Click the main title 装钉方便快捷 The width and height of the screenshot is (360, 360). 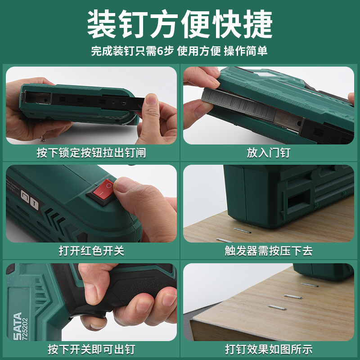pyautogui.click(x=180, y=23)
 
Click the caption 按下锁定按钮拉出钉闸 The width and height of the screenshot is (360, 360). pyautogui.click(x=91, y=153)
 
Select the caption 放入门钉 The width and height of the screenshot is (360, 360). pyautogui.click(x=269, y=153)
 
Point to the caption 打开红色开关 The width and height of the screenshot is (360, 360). pyautogui.click(x=91, y=251)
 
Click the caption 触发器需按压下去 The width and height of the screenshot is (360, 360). pyautogui.click(x=269, y=251)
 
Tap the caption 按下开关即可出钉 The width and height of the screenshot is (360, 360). pyautogui.click(x=91, y=349)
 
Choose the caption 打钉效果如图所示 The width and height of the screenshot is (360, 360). pyautogui.click(x=269, y=349)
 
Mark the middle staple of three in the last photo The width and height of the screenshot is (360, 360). pyautogui.click(x=292, y=297)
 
